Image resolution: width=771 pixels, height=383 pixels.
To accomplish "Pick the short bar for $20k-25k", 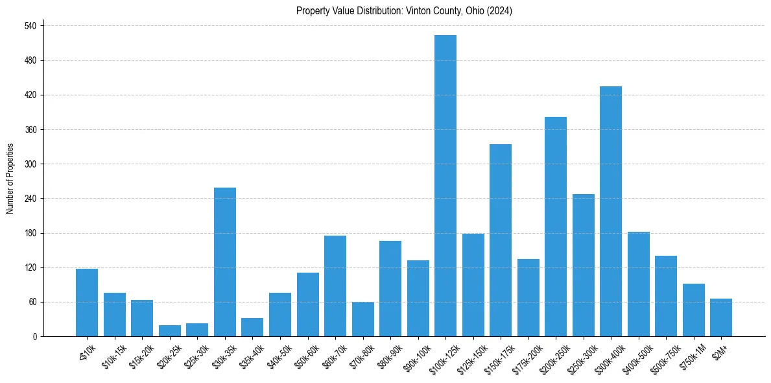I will [170, 331].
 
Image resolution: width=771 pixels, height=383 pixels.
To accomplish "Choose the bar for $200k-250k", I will [556, 227].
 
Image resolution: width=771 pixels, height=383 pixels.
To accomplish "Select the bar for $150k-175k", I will [501, 240].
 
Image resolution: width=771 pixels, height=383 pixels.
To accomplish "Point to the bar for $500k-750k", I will [666, 296].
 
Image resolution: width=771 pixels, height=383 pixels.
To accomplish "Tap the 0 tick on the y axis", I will [36, 337].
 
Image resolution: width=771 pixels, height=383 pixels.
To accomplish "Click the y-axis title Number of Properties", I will [10, 179].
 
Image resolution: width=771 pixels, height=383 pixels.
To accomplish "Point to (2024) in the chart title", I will [501, 11].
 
